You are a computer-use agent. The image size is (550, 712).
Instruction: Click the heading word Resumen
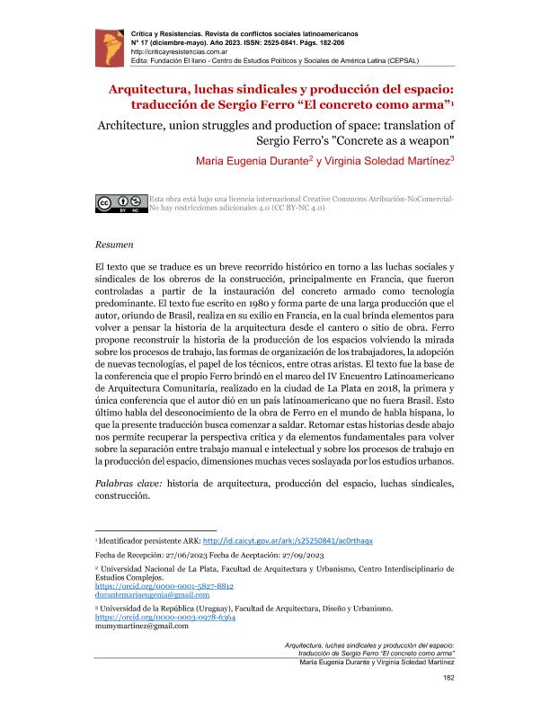click(x=113, y=244)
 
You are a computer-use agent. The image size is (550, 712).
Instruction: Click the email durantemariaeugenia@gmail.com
click(x=152, y=595)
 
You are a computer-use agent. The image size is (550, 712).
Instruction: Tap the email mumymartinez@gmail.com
click(x=141, y=627)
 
